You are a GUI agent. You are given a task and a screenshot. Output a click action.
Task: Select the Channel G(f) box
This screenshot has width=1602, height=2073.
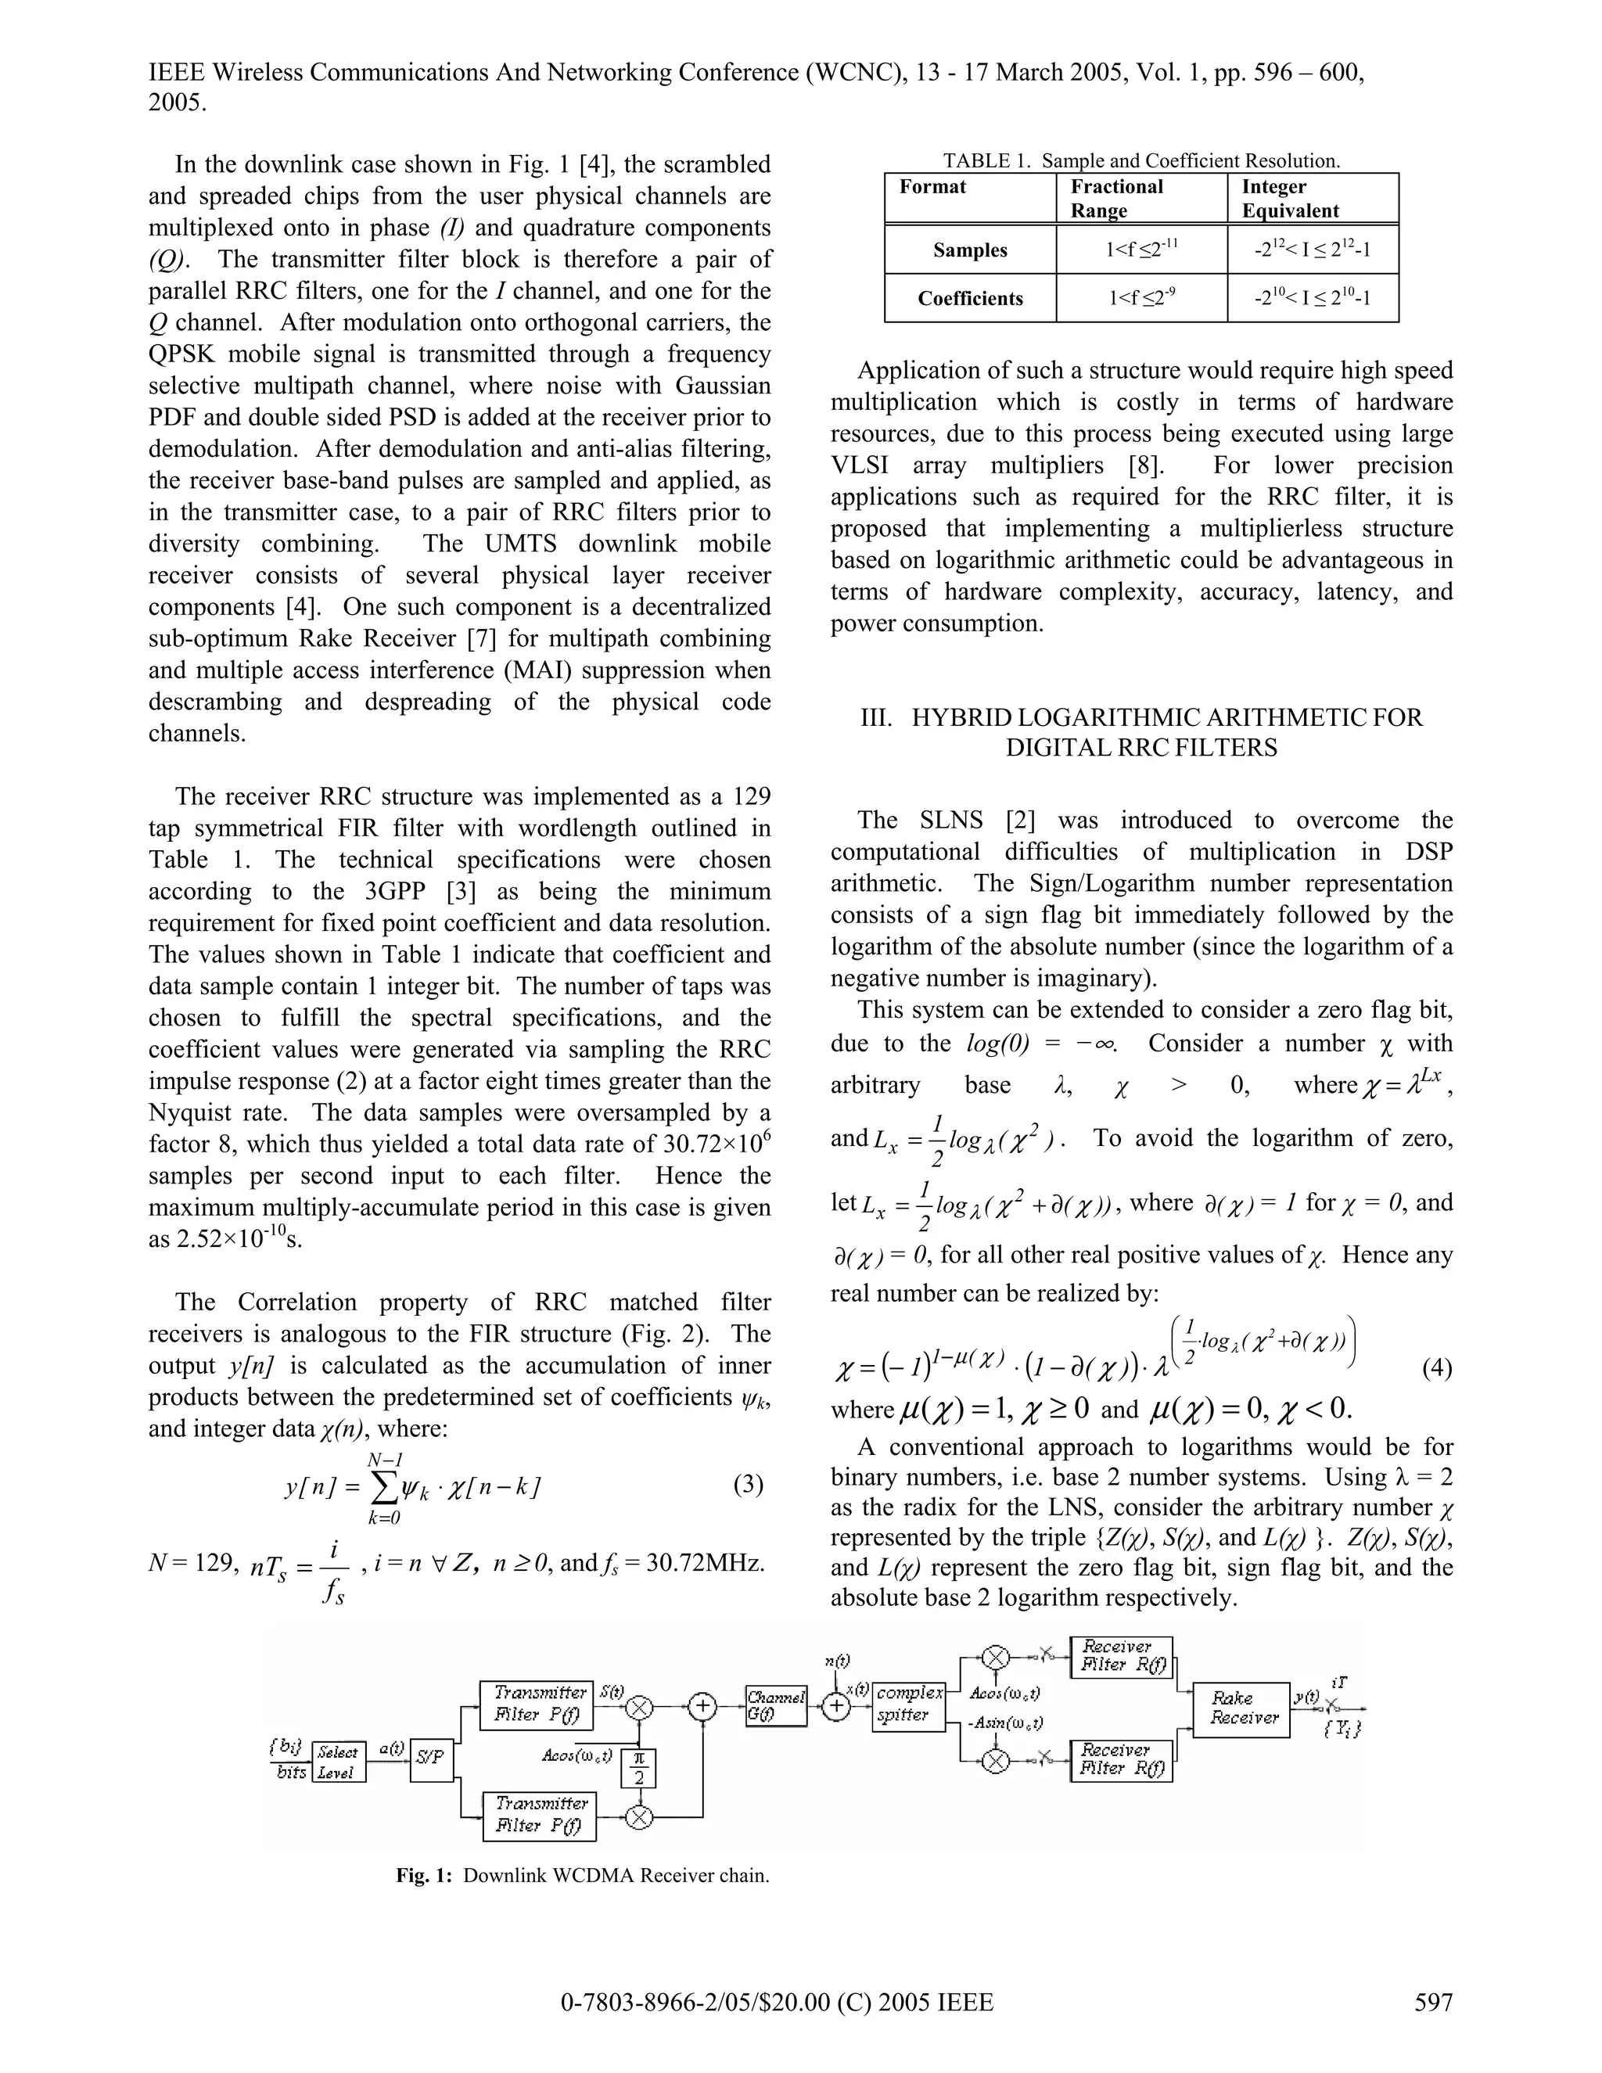[775, 1705]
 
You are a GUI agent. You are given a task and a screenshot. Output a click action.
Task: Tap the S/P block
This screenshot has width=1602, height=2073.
[432, 1756]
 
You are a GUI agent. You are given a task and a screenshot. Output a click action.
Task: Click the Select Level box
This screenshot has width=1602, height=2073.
[338, 1762]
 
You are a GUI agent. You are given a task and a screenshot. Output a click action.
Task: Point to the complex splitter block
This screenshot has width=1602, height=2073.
[908, 1705]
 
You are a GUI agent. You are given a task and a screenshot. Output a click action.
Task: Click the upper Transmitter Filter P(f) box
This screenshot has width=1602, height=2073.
[536, 1705]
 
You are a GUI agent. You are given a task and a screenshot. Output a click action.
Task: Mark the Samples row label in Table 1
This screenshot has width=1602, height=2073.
[969, 250]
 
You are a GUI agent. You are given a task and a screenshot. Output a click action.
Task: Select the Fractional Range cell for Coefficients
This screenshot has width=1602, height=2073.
[1142, 298]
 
